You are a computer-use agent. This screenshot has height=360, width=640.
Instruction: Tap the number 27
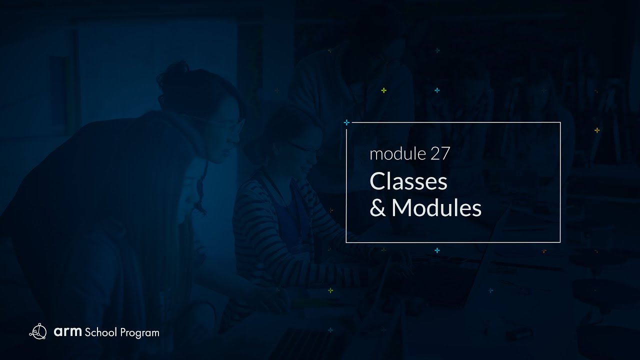(x=440, y=154)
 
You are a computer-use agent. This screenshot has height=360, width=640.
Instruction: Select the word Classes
(x=408, y=182)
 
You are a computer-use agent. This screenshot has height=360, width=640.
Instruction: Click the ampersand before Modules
(x=377, y=208)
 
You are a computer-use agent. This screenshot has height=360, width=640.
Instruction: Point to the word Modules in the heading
(x=436, y=208)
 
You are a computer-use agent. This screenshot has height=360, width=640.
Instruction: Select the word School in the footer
(x=101, y=332)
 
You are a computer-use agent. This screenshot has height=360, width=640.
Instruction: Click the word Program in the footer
(x=140, y=332)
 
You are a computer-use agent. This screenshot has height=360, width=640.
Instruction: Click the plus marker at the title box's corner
(x=346, y=122)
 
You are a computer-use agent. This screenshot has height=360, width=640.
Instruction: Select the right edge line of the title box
(x=560, y=182)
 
